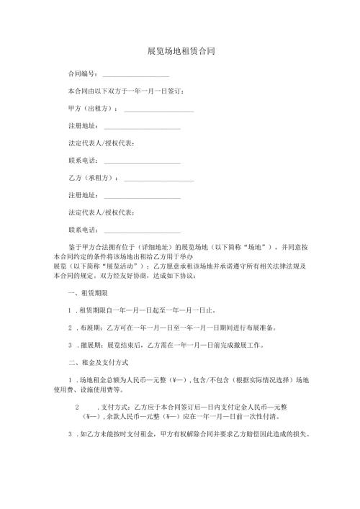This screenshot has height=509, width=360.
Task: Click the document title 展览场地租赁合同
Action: [x=180, y=52]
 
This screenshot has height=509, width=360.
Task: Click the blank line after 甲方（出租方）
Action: [x=159, y=110]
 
